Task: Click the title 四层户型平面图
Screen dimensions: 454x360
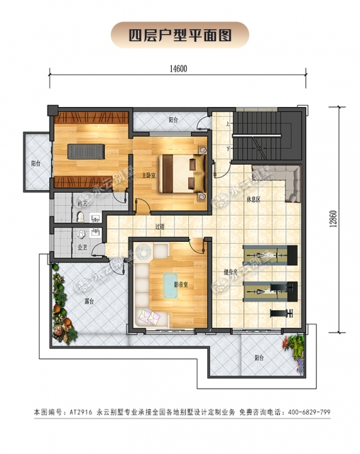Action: (180, 33)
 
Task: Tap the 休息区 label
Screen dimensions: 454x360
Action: (253, 199)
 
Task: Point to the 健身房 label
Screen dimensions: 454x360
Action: (229, 272)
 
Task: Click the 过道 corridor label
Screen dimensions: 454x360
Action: (160, 227)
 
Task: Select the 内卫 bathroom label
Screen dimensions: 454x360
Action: (82, 204)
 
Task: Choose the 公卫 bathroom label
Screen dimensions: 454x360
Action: (82, 248)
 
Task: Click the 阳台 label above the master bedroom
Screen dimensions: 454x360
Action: (174, 121)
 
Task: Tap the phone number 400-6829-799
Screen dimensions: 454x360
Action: (303, 412)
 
